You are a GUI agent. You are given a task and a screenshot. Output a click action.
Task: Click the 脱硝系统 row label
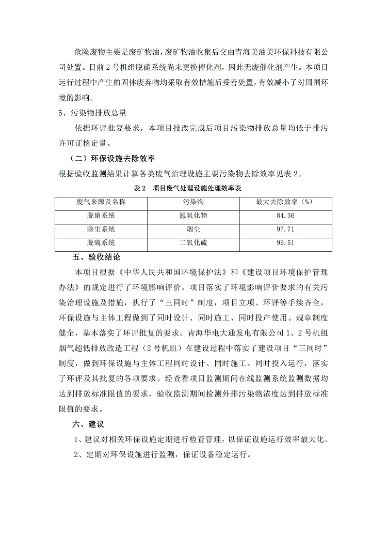(101, 216)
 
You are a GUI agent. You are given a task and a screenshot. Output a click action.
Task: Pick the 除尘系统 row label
(101, 229)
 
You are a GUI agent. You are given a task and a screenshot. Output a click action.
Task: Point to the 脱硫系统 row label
(101, 242)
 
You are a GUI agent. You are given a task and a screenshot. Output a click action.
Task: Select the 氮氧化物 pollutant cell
(192, 216)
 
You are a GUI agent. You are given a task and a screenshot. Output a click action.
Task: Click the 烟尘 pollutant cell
(192, 229)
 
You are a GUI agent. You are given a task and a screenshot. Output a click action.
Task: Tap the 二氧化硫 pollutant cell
(192, 242)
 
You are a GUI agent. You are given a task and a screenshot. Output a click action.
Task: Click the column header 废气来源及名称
(101, 202)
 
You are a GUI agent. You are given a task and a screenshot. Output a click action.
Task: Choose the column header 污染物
(192, 202)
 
